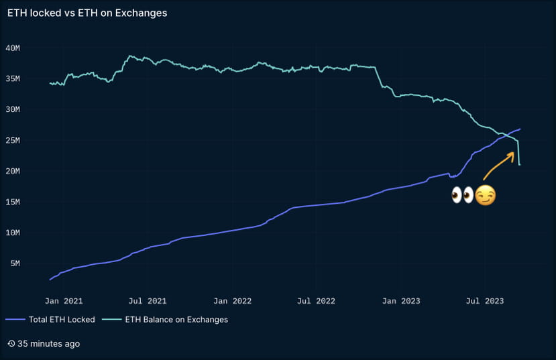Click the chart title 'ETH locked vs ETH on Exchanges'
coord(87,13)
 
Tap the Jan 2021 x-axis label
coord(64,301)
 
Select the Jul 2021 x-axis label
coord(148,301)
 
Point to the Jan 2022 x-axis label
coord(233,301)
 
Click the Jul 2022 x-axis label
coord(316,301)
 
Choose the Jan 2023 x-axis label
coord(401,301)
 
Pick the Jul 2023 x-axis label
coord(484,301)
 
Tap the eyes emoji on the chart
coord(462,196)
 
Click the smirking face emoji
coord(486,196)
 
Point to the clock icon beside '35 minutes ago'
coord(11,344)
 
